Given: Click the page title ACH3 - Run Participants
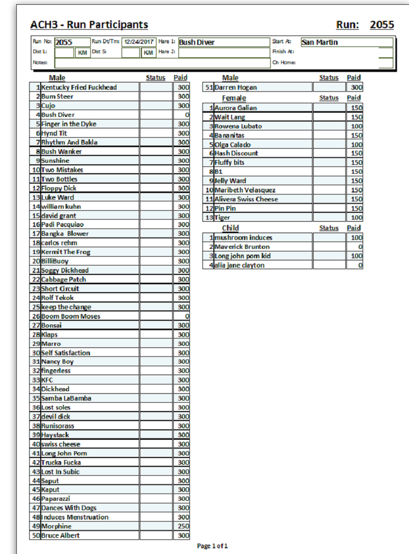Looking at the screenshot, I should [89, 25].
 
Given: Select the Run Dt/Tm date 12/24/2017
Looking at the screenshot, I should [139, 42].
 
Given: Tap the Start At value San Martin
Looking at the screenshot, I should [320, 42].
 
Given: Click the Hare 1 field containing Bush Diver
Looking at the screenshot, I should [197, 42].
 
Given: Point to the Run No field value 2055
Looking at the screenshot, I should [64, 42].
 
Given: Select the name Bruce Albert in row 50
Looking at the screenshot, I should [61, 536].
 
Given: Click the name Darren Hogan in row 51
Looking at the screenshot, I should [236, 88].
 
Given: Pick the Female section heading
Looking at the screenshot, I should [234, 98].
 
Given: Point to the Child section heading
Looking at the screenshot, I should [231, 228].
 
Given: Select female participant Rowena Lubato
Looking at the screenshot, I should [238, 126].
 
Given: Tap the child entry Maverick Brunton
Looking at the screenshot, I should [242, 247].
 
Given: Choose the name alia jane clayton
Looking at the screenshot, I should [239, 266].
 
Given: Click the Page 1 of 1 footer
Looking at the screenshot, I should [212, 546].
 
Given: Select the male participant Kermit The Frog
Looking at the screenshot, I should [66, 252].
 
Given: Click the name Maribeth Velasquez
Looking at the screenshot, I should [245, 190].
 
